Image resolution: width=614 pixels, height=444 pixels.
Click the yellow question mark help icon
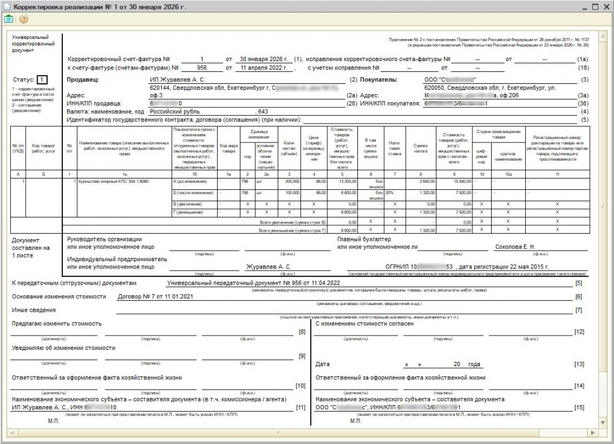[24, 19]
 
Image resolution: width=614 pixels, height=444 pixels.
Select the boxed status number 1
[41, 79]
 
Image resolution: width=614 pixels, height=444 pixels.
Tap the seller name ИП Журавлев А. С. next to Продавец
[177, 79]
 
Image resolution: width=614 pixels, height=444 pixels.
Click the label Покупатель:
[380, 79]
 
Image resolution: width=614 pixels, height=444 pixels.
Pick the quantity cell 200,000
[292, 180]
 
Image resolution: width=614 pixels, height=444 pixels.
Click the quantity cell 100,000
[292, 193]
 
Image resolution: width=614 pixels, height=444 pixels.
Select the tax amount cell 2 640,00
[423, 180]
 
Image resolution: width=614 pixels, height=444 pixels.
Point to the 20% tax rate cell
[389, 193]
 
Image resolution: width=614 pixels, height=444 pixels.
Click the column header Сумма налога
[420, 146]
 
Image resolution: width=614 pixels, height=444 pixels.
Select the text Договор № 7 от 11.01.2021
[152, 296]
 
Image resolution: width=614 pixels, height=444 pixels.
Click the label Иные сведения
[34, 310]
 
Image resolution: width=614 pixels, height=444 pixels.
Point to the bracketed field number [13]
[579, 364]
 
